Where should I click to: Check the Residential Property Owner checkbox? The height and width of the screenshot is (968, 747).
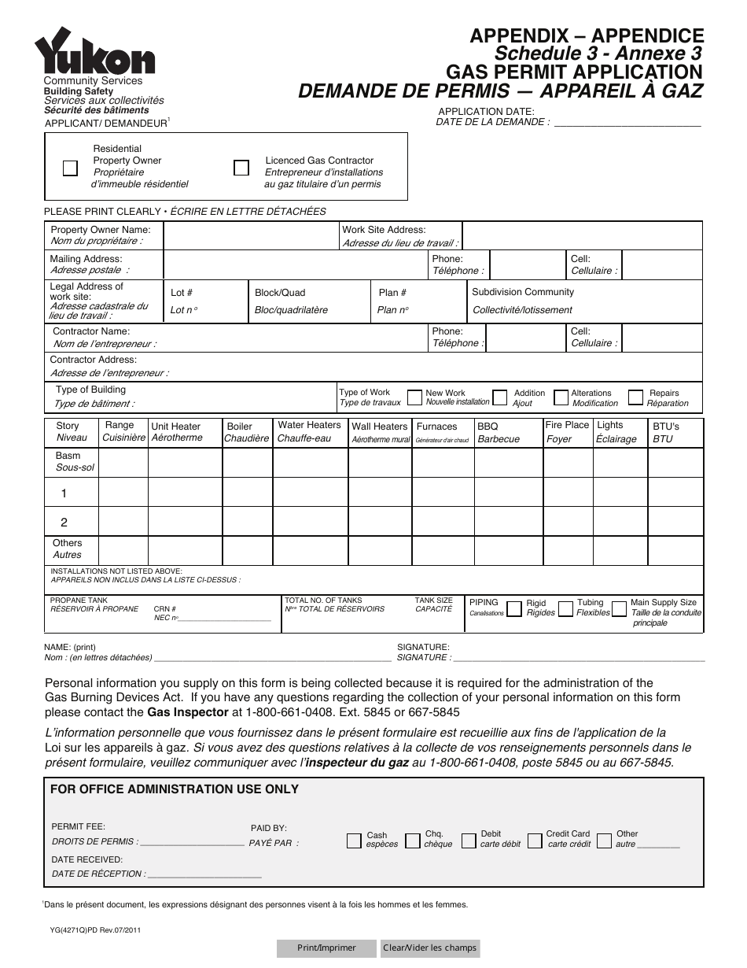tap(70, 168)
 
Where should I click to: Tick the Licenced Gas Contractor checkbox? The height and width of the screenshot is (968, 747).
tap(241, 168)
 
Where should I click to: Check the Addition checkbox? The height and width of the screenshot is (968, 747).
tap(500, 397)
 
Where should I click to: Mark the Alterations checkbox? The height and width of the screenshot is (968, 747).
tap(561, 397)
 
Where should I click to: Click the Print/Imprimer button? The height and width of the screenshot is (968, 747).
tap(326, 948)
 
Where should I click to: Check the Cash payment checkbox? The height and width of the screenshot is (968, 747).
tap(354, 841)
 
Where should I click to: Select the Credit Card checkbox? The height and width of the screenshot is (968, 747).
tap(535, 841)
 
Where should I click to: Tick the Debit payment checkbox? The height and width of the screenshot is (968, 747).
tap(469, 841)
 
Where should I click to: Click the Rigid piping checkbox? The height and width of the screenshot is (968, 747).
tap(514, 609)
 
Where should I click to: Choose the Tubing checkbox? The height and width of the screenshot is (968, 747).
tap(565, 609)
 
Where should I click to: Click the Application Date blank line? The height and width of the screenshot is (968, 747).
tap(627, 121)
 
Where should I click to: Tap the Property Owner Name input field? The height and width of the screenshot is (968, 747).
tap(250, 236)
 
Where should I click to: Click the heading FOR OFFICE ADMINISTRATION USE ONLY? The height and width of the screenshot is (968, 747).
tap(175, 789)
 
